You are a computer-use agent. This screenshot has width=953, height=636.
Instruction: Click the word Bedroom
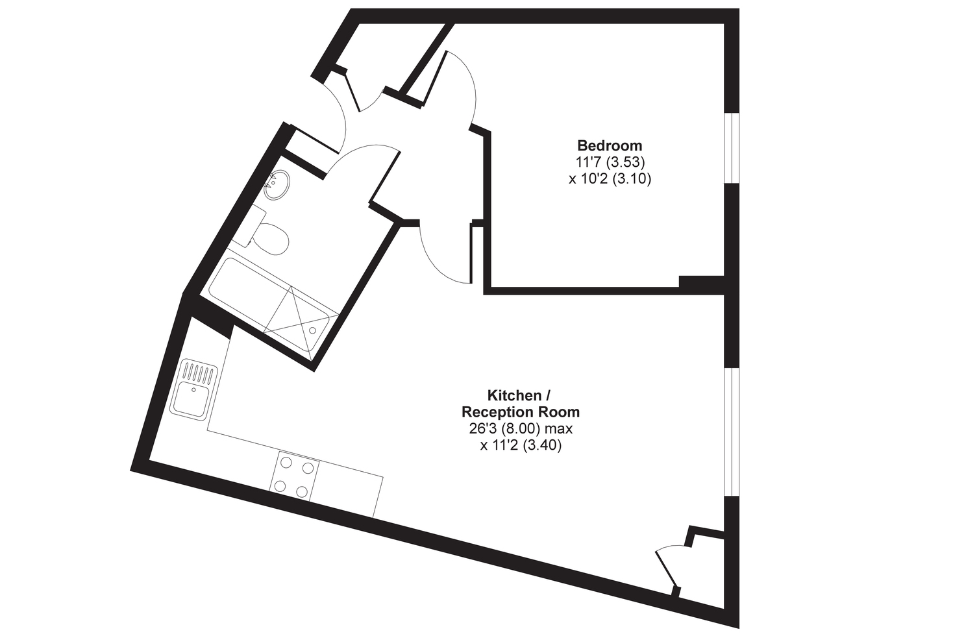(x=610, y=145)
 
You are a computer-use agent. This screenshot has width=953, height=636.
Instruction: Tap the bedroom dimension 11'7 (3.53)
(x=610, y=162)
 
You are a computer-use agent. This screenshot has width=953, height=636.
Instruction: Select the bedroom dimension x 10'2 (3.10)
(x=610, y=179)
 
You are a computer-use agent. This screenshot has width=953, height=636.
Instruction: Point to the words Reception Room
(x=521, y=412)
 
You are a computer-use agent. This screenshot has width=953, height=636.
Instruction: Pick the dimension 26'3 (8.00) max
(x=521, y=428)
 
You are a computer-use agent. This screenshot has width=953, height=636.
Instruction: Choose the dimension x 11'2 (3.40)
(x=521, y=445)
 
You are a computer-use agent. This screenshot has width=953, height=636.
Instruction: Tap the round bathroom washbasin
(x=277, y=184)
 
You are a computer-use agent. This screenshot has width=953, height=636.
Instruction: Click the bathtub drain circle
(x=313, y=330)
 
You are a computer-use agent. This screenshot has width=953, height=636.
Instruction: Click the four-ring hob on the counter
(x=295, y=476)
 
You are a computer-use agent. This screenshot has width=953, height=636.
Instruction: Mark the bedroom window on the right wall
(x=732, y=148)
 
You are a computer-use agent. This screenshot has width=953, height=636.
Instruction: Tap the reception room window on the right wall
(x=732, y=432)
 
